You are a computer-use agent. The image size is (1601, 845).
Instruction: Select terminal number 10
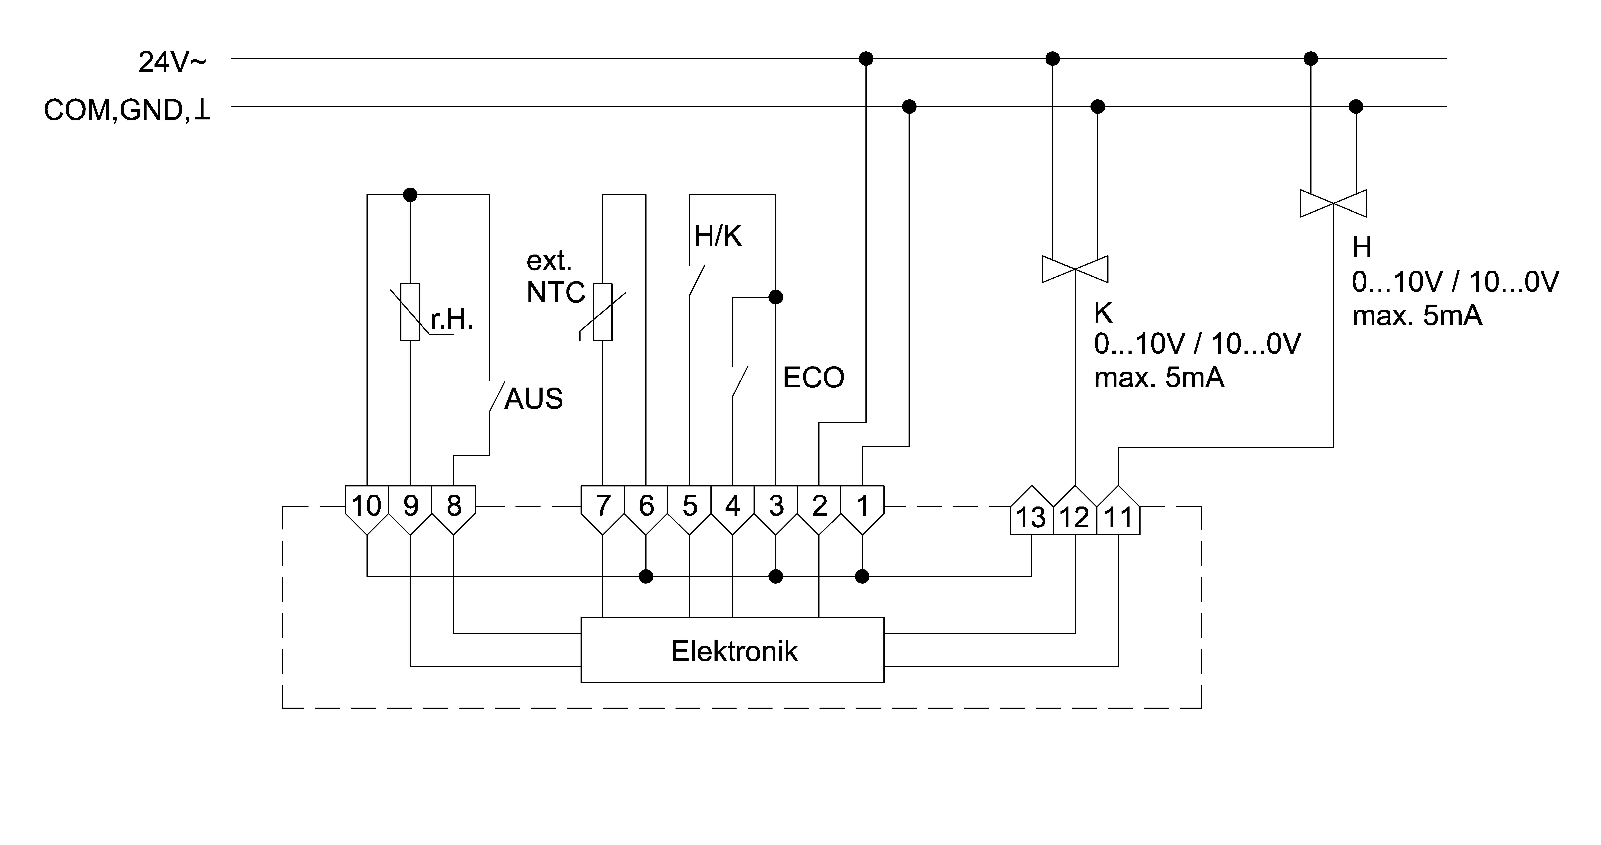(x=367, y=506)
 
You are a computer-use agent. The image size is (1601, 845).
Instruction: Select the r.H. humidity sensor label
(x=452, y=320)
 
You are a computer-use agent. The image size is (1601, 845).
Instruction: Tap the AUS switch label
(x=533, y=399)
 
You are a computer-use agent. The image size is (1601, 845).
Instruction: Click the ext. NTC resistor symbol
(x=602, y=312)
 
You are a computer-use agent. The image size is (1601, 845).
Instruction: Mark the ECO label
(x=813, y=377)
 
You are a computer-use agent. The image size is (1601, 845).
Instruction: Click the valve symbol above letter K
(x=1075, y=269)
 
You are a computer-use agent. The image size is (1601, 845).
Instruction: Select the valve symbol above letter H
(x=1333, y=203)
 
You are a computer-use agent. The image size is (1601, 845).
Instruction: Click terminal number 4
(x=733, y=506)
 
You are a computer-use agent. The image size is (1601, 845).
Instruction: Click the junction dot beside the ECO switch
(x=776, y=297)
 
